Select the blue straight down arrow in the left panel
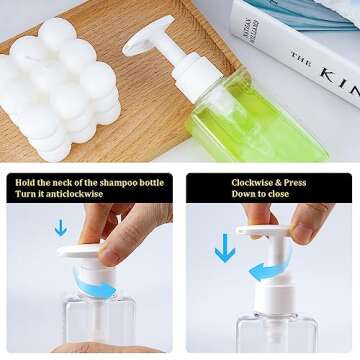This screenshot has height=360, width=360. point(61,228)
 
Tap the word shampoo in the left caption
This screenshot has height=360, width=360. point(115,182)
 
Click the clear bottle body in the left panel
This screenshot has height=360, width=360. point(95,330)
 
